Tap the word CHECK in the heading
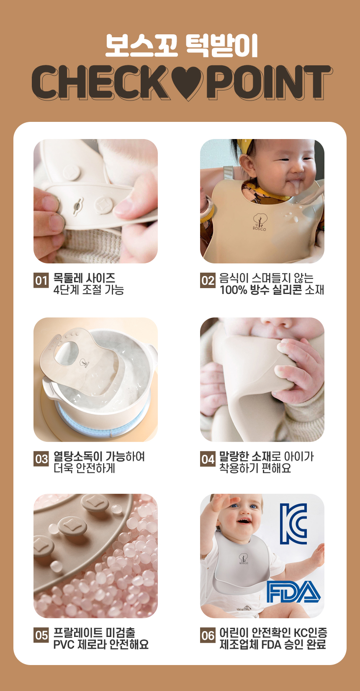(x=102, y=83)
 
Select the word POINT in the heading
(x=269, y=83)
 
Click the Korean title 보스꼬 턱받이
(x=182, y=46)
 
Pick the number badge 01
(x=41, y=281)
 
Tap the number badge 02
(x=208, y=281)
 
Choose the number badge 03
(x=41, y=459)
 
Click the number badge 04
(x=208, y=459)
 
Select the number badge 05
(x=41, y=635)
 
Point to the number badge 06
(x=208, y=635)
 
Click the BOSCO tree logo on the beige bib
(x=260, y=222)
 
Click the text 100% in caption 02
(x=233, y=290)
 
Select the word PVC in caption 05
(x=64, y=645)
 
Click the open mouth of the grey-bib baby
(x=244, y=521)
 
